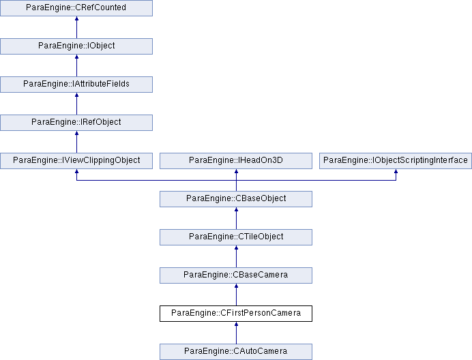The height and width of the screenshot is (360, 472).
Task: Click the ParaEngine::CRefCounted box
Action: pos(76,7)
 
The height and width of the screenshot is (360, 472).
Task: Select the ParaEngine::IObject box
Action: pos(76,46)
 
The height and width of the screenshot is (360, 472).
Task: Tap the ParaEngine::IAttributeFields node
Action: pos(76,85)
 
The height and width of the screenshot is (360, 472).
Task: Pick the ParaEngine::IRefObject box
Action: pos(76,123)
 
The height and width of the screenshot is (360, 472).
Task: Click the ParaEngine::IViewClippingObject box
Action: pos(76,161)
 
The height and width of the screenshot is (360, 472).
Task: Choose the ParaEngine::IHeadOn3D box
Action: pos(236,161)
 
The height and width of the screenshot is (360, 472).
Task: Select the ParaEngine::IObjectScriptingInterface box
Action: pos(396,161)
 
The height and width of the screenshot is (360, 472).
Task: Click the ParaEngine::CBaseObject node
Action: pos(236,199)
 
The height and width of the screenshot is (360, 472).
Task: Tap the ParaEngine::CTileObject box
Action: pos(236,237)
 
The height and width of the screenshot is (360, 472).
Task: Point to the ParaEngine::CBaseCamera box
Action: pos(236,275)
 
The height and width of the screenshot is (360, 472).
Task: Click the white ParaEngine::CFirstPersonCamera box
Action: pos(236,314)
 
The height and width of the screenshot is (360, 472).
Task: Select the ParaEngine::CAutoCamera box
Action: pos(236,352)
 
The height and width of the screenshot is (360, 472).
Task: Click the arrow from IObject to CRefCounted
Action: pos(77,27)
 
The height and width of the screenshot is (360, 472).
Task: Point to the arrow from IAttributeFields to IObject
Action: pos(77,65)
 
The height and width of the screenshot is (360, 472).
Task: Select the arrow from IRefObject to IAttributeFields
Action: pos(77,104)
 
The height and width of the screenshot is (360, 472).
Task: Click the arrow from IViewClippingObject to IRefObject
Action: pos(77,142)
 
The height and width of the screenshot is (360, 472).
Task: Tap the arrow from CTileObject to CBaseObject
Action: pos(236,219)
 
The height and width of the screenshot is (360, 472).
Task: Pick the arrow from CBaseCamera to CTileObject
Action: pos(236,257)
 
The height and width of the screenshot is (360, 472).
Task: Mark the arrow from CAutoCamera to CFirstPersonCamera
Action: pos(236,333)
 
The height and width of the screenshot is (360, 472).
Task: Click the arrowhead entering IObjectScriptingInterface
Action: pos(396,171)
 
